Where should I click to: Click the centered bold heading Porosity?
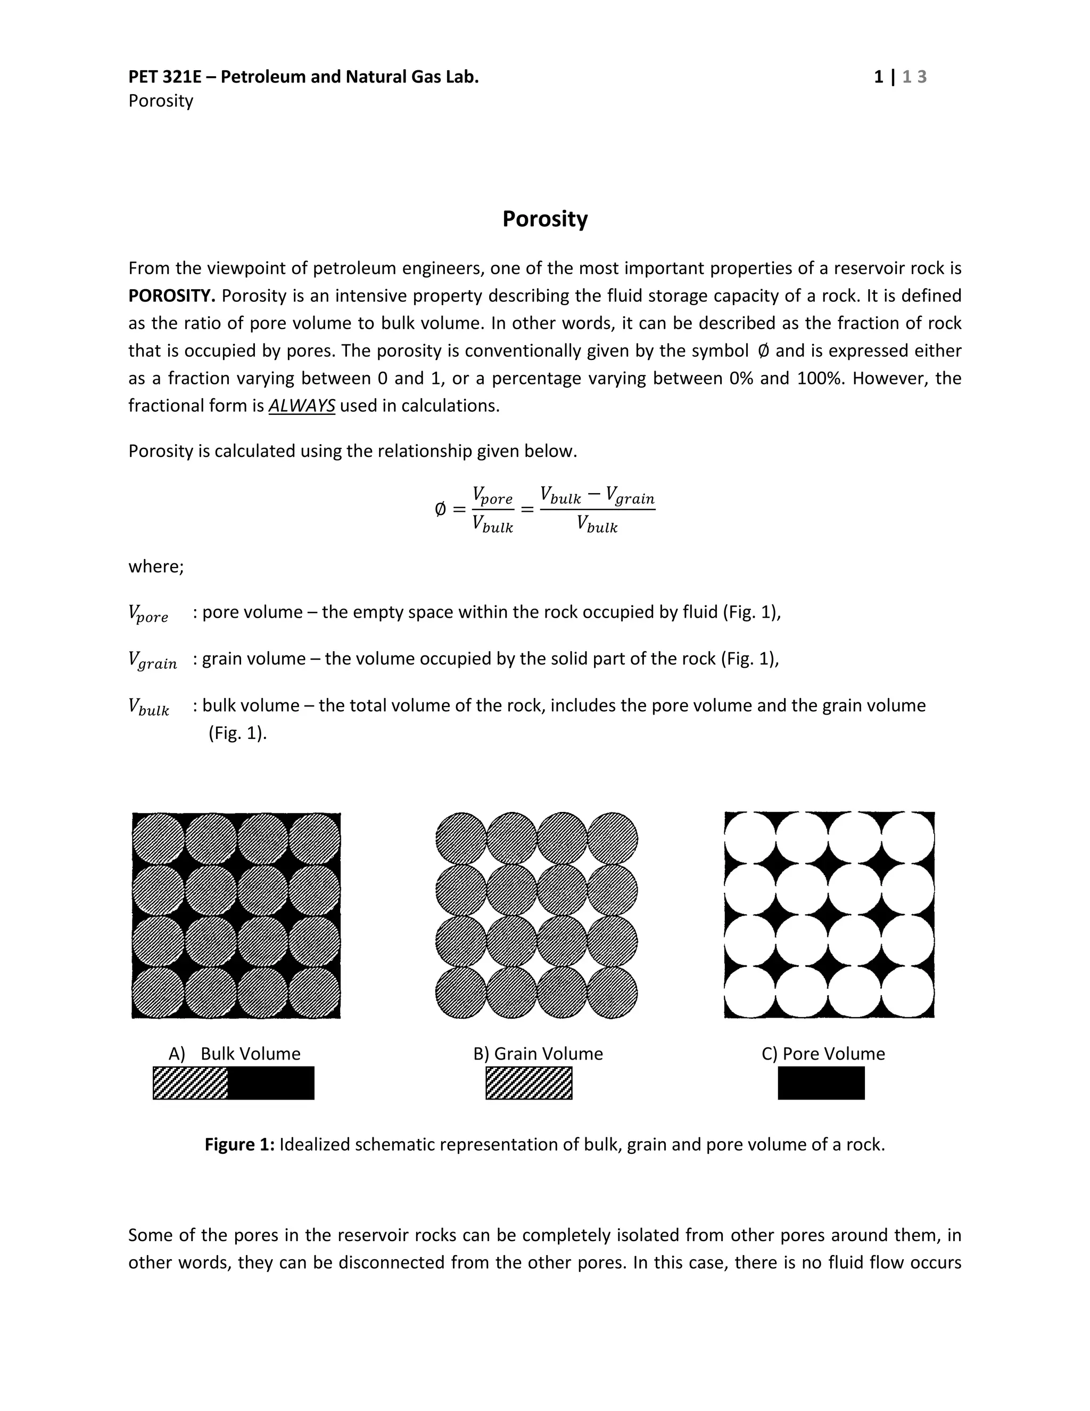pos(544,219)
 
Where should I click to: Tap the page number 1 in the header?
pos(878,77)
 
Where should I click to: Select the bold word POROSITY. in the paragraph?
pos(171,296)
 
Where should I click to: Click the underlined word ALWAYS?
pos(302,406)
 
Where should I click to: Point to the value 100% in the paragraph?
pos(820,378)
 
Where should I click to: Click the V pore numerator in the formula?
pos(492,496)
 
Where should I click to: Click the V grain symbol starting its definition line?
pos(152,660)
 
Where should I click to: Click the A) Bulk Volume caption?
pos(234,1054)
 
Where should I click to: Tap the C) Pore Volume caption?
pos(823,1054)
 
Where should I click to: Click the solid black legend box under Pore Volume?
pos(821,1084)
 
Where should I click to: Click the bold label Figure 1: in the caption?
pos(240,1145)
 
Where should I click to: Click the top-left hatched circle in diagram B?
pos(461,839)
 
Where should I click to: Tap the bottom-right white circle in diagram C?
pos(907,992)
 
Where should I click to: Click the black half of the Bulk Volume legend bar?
pos(271,1084)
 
